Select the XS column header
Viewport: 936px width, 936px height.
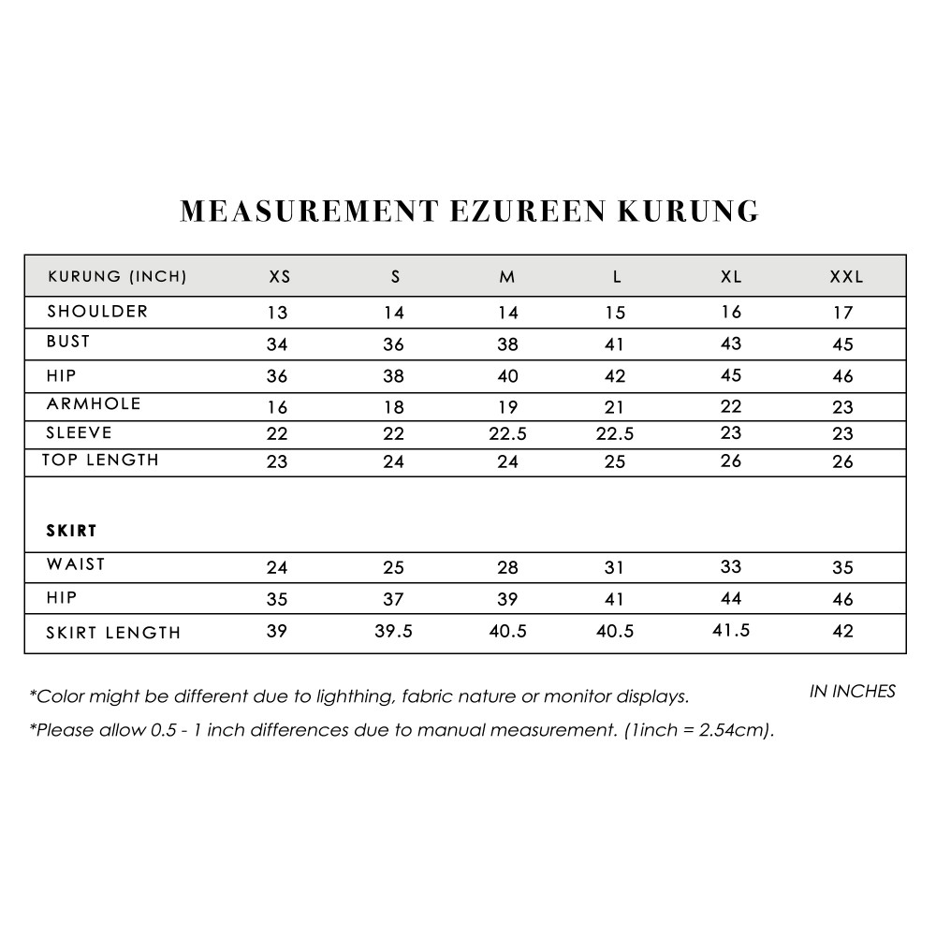click(279, 277)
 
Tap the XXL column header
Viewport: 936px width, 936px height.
click(846, 277)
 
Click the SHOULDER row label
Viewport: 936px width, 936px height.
click(97, 312)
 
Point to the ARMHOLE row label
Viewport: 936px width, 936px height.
click(94, 404)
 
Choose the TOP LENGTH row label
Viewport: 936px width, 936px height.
click(100, 461)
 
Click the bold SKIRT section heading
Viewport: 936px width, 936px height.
click(72, 531)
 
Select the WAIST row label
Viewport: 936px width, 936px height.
click(76, 564)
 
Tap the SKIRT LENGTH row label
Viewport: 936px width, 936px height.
click(113, 633)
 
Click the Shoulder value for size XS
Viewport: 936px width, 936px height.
click(277, 314)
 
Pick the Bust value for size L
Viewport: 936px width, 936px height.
click(614, 344)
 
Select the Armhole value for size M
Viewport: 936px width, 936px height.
click(507, 407)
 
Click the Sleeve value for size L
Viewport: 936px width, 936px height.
click(614, 434)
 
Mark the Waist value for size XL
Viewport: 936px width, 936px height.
click(731, 566)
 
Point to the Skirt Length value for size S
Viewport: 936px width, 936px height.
click(393, 632)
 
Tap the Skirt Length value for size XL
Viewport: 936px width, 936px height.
click(731, 631)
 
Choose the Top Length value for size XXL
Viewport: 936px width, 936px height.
click(842, 461)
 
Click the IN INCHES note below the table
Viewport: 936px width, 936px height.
click(852, 692)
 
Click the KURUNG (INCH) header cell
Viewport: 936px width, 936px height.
click(117, 277)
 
